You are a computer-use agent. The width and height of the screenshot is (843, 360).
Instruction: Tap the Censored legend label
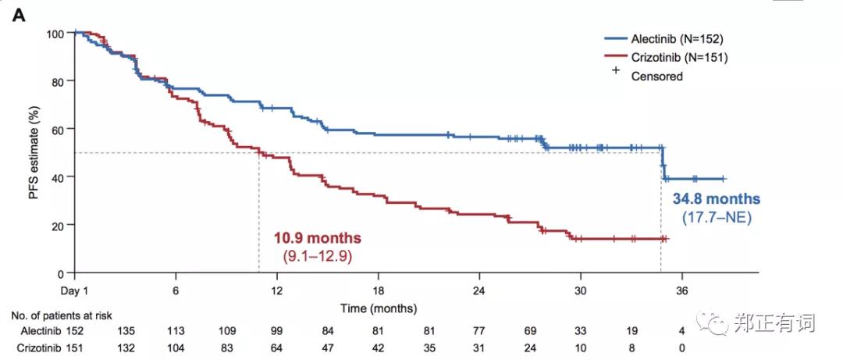(656, 76)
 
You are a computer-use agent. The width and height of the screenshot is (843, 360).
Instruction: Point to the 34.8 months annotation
(716, 198)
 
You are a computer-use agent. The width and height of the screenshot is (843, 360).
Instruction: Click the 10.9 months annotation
(317, 238)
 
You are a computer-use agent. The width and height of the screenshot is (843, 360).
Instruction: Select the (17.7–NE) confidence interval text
(716, 218)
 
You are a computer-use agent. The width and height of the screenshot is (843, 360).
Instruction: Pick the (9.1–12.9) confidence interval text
(317, 255)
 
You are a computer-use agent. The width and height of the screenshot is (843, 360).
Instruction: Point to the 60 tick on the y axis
(57, 129)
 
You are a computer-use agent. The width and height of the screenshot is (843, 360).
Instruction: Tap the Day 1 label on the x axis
(74, 288)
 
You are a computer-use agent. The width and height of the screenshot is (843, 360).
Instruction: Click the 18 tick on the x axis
(378, 288)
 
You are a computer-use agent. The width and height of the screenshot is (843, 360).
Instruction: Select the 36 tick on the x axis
(681, 288)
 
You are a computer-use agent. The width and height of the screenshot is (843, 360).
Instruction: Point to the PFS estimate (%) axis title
(34, 154)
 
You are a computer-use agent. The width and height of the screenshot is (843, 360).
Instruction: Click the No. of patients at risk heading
(62, 315)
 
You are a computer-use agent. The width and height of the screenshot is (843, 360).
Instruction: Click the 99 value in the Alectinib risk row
(277, 331)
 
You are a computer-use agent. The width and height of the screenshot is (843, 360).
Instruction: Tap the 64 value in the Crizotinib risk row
(277, 348)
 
